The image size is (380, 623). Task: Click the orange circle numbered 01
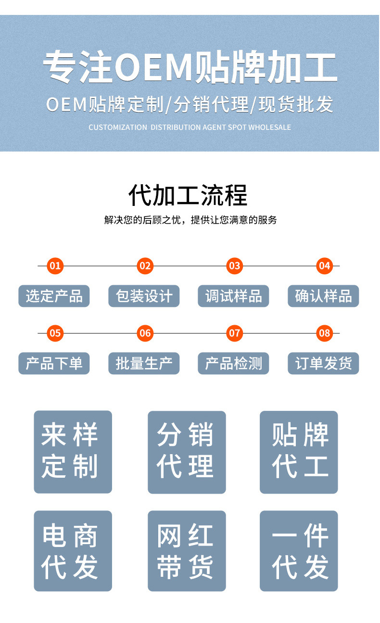(x=55, y=266)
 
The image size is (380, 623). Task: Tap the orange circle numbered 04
(x=325, y=266)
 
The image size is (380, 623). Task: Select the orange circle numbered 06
(x=145, y=333)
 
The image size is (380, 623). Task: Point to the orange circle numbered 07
(x=234, y=333)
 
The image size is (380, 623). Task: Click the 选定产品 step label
(x=54, y=296)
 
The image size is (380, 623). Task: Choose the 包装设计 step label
(x=144, y=296)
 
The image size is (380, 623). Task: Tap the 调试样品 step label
(x=233, y=296)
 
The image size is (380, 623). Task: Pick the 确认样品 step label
(x=323, y=296)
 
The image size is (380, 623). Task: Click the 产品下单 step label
(x=54, y=363)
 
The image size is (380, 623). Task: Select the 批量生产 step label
(x=144, y=363)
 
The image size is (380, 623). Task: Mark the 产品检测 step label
(x=233, y=363)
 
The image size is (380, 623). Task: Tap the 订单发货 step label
(x=323, y=363)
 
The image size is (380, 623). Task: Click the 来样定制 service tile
(x=73, y=452)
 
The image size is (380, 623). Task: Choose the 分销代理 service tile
(x=187, y=452)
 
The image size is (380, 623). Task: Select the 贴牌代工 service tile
(x=299, y=452)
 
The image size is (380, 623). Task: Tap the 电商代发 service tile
(x=73, y=551)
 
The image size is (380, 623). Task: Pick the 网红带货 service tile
(x=187, y=551)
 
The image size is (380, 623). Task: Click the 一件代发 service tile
(x=299, y=551)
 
